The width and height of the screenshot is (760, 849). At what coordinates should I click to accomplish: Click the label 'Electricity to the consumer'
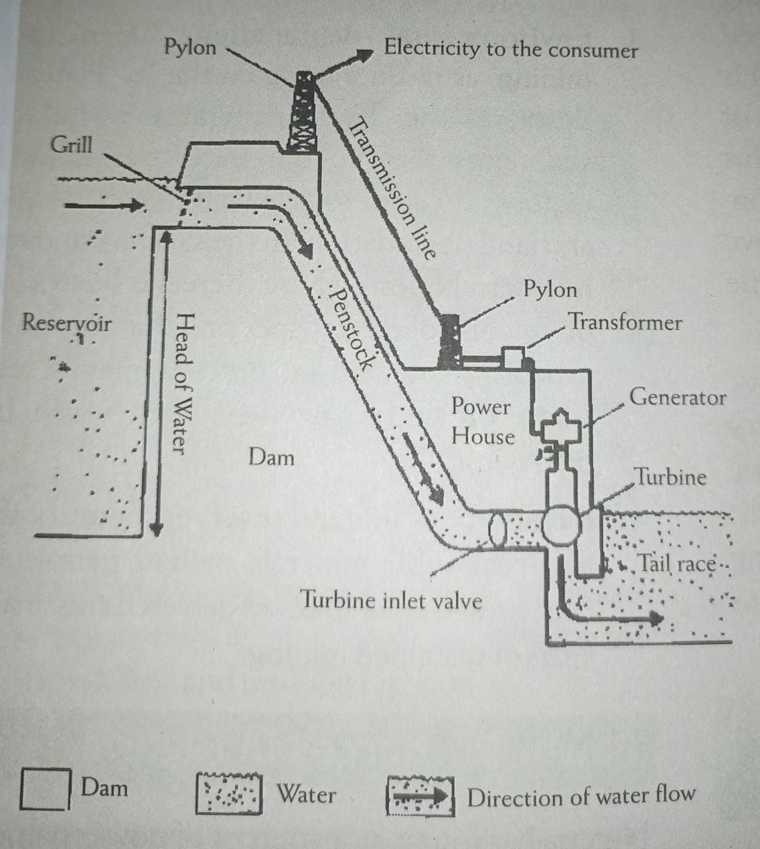point(510,50)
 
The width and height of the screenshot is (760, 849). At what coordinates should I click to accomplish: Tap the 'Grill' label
point(71,145)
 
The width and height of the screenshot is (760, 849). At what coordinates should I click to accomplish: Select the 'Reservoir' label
point(66,322)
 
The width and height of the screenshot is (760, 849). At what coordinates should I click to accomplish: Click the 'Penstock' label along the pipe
point(350,329)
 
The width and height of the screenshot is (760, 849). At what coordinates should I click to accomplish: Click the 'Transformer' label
point(625,322)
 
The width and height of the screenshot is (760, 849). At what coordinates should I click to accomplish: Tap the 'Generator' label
point(678,398)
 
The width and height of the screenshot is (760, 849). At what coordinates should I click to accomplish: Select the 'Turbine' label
point(670,477)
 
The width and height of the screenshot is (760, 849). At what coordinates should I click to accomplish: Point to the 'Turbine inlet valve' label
point(392,599)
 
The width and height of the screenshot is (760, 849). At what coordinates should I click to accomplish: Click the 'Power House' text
point(482,421)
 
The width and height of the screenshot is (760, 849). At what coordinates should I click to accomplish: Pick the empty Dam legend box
point(45,789)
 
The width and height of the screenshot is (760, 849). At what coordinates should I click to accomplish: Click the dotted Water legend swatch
point(228,794)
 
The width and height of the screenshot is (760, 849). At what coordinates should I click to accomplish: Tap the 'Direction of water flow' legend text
point(581,797)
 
